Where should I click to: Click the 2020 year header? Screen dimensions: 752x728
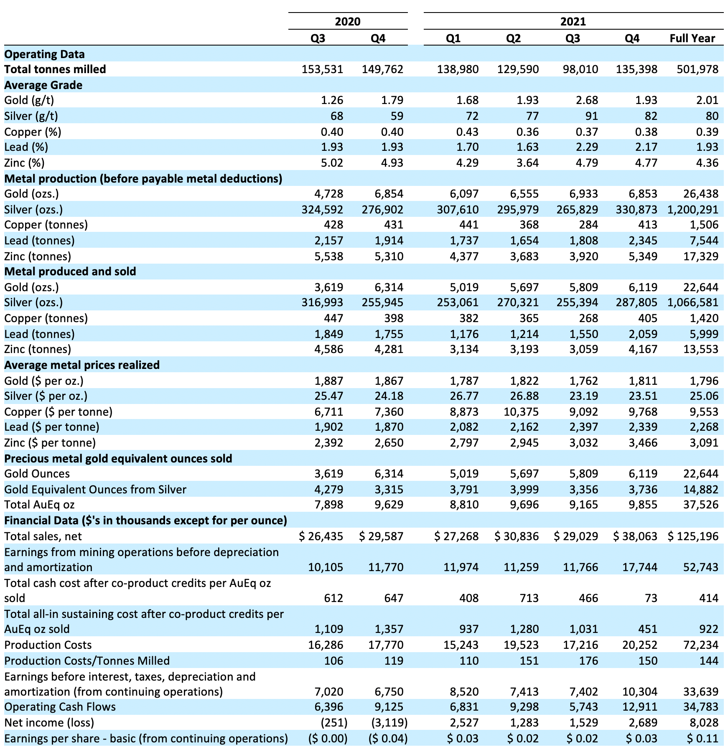click(x=348, y=21)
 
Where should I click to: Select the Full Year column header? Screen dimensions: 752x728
click(x=692, y=38)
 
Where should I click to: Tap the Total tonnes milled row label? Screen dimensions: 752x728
click(x=55, y=69)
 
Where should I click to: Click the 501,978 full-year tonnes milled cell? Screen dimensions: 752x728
click(x=697, y=69)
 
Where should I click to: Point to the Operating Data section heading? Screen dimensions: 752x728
click(x=44, y=54)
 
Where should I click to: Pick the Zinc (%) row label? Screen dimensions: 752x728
click(x=24, y=163)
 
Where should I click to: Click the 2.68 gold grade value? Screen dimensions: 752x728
click(x=586, y=100)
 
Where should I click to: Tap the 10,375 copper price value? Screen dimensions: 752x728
click(x=522, y=412)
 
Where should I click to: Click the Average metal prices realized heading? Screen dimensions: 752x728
click(x=82, y=365)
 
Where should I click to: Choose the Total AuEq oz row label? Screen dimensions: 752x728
click(x=39, y=505)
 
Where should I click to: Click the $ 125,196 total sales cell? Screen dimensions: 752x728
click(x=693, y=536)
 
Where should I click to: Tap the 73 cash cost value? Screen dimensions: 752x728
click(x=650, y=598)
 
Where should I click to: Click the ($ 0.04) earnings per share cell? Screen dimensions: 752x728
click(x=388, y=739)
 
